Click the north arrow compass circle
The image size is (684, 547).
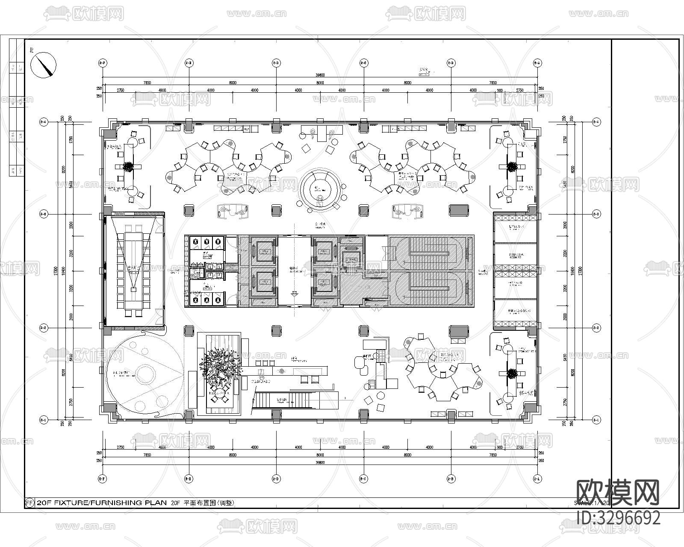click(x=44, y=65)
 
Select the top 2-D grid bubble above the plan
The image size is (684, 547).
click(x=276, y=63)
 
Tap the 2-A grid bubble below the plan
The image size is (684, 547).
click(x=537, y=479)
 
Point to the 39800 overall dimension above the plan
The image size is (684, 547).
click(x=320, y=75)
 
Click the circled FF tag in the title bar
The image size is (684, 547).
click(x=29, y=503)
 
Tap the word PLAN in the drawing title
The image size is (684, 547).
click(x=156, y=503)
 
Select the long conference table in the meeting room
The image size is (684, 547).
click(x=134, y=271)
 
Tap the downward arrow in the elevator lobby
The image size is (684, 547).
click(x=294, y=294)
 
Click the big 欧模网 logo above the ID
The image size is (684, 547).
click(x=618, y=492)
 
